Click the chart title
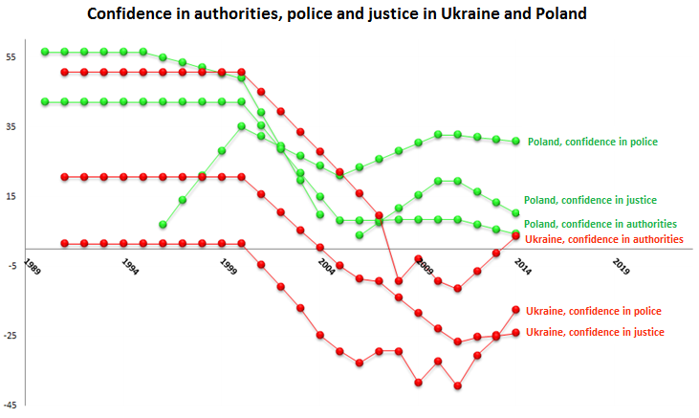point(337,15)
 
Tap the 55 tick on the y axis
point(11,57)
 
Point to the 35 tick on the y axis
point(11,126)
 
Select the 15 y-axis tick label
point(11,196)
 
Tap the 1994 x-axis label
point(130,265)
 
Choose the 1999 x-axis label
point(229,265)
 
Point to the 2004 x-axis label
point(326,265)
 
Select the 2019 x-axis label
point(621,265)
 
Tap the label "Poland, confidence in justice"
point(590,200)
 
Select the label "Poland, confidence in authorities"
point(601,224)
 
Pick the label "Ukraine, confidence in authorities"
point(604,239)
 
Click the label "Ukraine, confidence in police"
point(594,311)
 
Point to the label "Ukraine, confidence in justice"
point(595,332)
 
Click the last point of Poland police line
point(516,141)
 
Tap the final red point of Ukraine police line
point(516,310)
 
